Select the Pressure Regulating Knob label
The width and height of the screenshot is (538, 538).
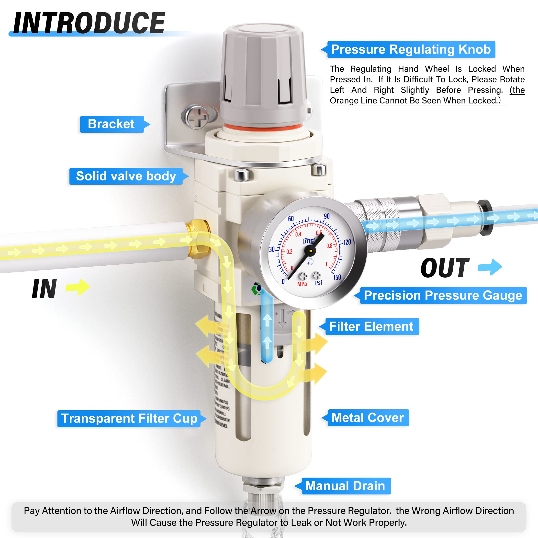point(411,50)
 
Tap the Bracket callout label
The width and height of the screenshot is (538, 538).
point(111,124)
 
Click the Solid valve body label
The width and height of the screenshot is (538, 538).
point(126,176)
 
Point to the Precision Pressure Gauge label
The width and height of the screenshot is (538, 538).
point(443,295)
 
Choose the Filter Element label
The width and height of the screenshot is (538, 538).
point(371,326)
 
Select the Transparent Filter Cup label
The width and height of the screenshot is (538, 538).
point(129,418)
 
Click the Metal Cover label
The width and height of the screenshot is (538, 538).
point(368,418)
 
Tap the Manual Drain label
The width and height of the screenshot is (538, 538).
point(345,486)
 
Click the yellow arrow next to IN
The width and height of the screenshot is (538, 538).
point(78,287)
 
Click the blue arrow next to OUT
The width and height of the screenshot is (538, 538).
point(490,267)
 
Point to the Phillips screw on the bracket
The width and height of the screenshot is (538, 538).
point(197,117)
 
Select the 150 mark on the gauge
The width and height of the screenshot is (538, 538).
point(337,277)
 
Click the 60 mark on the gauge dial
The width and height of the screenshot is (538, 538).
point(291,219)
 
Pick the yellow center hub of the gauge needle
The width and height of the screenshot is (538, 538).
point(311,251)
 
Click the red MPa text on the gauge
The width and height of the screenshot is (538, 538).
point(302,284)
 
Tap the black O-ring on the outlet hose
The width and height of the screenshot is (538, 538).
point(486,217)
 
